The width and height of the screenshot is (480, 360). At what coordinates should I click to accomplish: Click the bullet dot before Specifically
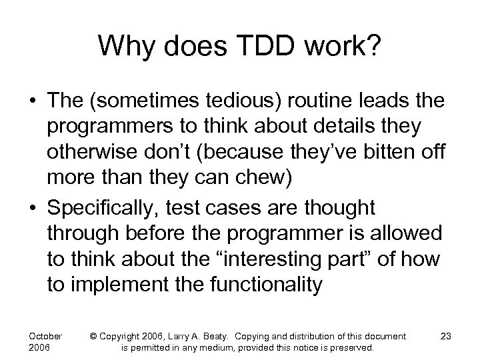32,208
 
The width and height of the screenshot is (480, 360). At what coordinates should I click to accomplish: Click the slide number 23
446,335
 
